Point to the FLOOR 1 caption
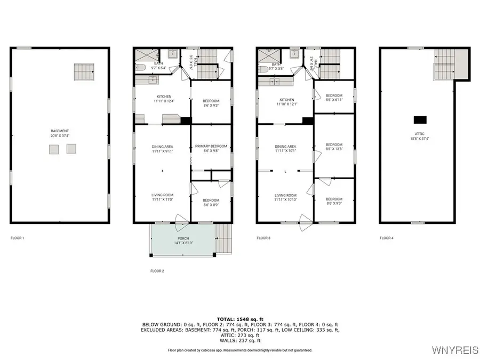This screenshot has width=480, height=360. click(x=17, y=238)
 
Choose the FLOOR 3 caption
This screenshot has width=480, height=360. click(x=263, y=238)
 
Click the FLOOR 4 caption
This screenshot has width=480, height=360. click(x=387, y=238)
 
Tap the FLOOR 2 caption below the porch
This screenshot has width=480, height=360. click(x=157, y=271)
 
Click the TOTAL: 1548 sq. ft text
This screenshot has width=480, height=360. click(x=239, y=318)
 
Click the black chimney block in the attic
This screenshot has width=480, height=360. click(x=420, y=119)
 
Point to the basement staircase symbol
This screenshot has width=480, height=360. click(x=84, y=70)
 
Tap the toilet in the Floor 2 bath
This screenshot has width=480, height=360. click(x=141, y=68)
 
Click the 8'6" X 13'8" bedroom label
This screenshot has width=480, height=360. click(x=334, y=147)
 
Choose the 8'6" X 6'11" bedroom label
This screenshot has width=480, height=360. click(x=334, y=98)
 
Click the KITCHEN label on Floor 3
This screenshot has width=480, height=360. click(x=287, y=102)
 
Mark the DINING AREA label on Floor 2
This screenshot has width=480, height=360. click(x=163, y=149)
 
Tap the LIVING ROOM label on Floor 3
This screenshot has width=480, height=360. click(x=285, y=198)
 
